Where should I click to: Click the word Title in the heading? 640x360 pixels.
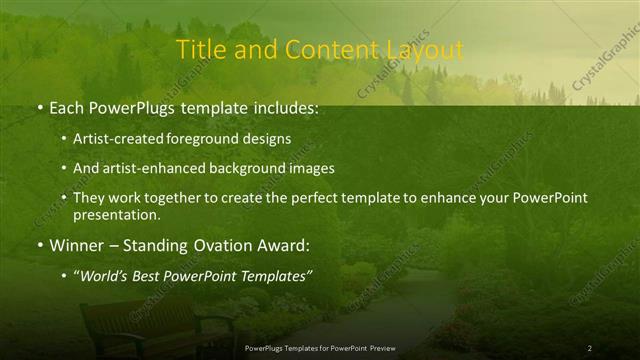(x=200, y=50)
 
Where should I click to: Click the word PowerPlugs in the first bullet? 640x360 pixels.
(x=131, y=106)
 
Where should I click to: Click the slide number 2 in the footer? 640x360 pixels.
(x=589, y=348)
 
